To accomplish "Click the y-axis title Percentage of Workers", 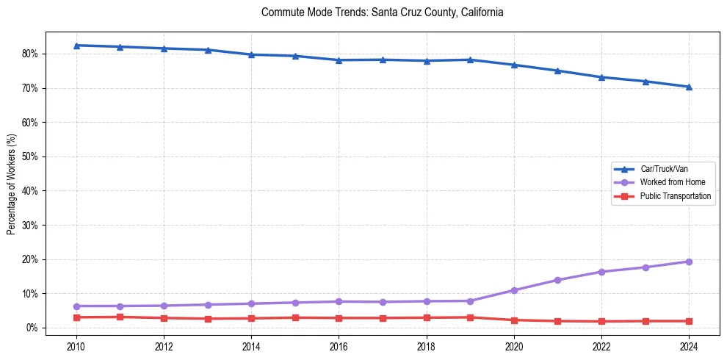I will [x=12, y=184].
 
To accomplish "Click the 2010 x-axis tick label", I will [x=76, y=346].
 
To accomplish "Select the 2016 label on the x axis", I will [x=339, y=346].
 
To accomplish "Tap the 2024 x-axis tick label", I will [x=689, y=346].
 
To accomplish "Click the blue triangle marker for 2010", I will [x=76, y=46].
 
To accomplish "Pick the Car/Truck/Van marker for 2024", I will [x=689, y=87].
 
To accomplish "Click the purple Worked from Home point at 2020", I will [x=514, y=290].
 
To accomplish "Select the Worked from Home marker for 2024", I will [x=689, y=262].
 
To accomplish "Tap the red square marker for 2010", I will [x=76, y=317].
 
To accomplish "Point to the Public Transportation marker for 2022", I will [x=601, y=322].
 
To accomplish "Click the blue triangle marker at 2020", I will [x=514, y=65].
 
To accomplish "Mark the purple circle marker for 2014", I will [x=251, y=303].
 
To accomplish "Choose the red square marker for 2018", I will [x=427, y=317].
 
